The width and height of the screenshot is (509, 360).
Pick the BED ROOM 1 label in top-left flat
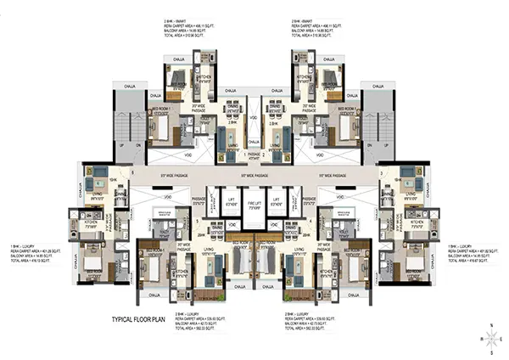click(165, 110)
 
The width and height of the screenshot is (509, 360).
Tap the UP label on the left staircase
click(125, 146)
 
